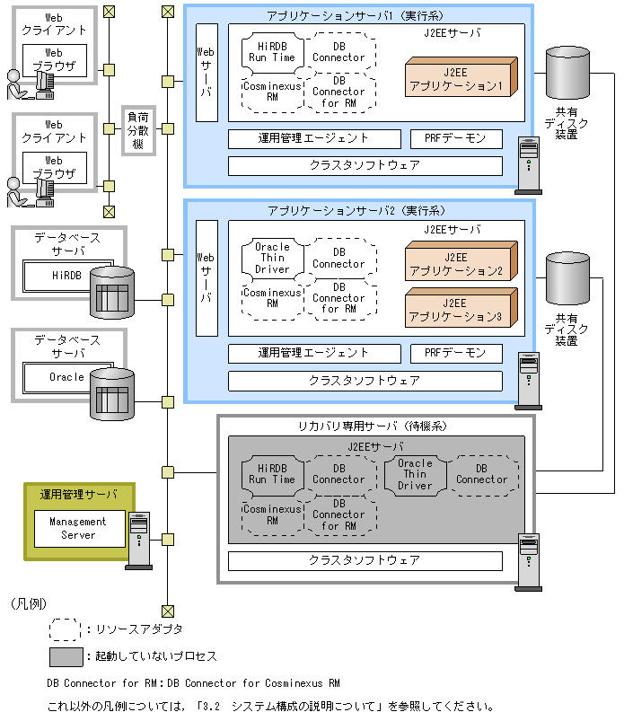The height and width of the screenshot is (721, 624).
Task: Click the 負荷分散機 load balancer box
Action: [138, 131]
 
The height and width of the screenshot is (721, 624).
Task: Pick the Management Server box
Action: [77, 528]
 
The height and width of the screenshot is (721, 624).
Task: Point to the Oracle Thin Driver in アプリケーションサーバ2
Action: [273, 258]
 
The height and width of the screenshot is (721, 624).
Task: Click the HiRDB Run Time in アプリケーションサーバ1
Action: [272, 51]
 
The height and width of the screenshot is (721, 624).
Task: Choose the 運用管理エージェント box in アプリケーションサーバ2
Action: [313, 353]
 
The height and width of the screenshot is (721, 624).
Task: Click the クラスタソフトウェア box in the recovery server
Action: [365, 560]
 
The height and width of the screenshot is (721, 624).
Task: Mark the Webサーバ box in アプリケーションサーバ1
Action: [207, 72]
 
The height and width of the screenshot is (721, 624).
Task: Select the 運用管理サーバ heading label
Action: [78, 495]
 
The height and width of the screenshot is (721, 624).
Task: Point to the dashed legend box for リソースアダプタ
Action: [66, 629]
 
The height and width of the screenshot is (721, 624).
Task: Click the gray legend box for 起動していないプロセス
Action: [66, 656]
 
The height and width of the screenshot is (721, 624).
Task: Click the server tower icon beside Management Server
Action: [139, 539]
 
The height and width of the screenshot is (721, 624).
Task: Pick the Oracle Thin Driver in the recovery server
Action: [415, 474]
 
